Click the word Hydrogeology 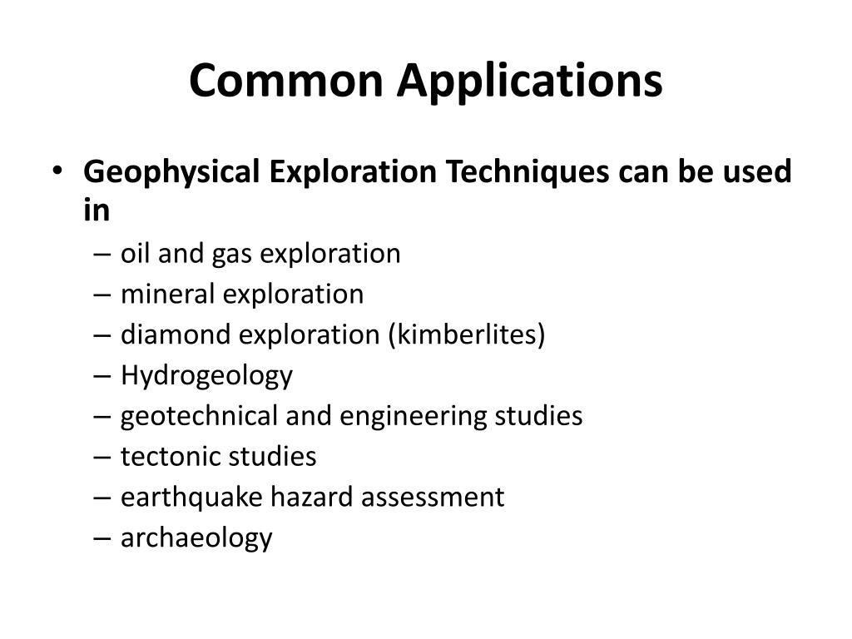206,376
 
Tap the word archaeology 196,538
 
